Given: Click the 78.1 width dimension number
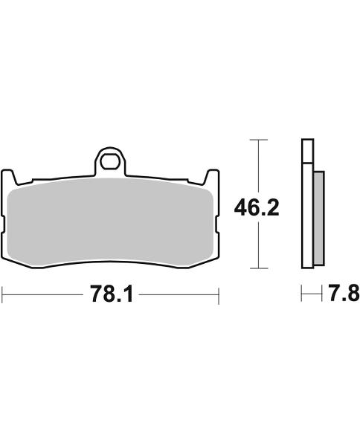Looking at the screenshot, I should click(x=111, y=296).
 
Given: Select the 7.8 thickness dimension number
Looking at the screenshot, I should click(x=343, y=294).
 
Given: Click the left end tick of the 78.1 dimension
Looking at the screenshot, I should click(x=3, y=296).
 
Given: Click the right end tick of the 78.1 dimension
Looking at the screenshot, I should click(x=218, y=296).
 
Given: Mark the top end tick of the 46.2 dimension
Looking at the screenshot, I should click(x=257, y=140).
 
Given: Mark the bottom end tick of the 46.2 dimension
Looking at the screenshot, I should click(x=257, y=268).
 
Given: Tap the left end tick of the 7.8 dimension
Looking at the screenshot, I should click(x=302, y=295).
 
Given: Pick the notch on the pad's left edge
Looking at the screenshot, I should click(x=5, y=222).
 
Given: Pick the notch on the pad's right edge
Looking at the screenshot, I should click(x=216, y=222).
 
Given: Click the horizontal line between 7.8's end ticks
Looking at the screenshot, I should click(x=308, y=295).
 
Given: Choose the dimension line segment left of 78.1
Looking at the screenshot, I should click(x=45, y=296).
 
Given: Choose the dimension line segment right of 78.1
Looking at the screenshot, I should click(x=179, y=296).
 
